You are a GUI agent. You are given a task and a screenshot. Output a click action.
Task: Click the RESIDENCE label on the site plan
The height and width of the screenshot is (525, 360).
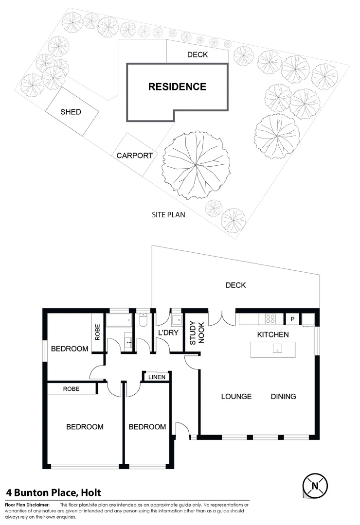[177, 87]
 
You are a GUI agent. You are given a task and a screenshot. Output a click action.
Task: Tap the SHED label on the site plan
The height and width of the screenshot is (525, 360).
[71, 112]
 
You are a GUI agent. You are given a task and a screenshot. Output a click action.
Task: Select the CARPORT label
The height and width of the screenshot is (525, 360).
[135, 156]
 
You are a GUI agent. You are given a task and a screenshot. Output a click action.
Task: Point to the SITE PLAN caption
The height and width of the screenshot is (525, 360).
[168, 214]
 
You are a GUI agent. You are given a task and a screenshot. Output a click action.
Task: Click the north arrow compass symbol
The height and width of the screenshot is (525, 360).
[315, 485]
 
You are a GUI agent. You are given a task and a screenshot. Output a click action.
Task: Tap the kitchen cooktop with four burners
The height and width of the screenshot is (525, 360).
[270, 319]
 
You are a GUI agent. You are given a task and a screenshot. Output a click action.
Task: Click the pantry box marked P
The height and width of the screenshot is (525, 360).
[292, 319]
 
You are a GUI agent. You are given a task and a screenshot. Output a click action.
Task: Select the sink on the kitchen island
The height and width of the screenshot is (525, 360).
[276, 350]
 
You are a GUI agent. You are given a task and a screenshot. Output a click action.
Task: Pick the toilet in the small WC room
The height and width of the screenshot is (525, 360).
[143, 320]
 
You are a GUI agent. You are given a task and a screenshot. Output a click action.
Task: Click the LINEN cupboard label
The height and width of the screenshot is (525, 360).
[157, 377]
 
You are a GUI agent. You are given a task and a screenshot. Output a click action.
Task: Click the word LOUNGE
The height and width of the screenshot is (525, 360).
[236, 397]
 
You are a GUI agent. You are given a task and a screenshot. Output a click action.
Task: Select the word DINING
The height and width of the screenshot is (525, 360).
[283, 397]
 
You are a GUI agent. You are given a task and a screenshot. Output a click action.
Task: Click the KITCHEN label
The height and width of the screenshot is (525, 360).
[273, 334]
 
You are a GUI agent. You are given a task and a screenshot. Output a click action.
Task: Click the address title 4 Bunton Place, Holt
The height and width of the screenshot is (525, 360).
[54, 492]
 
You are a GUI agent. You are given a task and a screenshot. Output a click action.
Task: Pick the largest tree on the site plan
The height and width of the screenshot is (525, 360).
[196, 165]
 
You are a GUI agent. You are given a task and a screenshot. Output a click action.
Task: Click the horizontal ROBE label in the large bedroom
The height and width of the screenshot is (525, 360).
[71, 389]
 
